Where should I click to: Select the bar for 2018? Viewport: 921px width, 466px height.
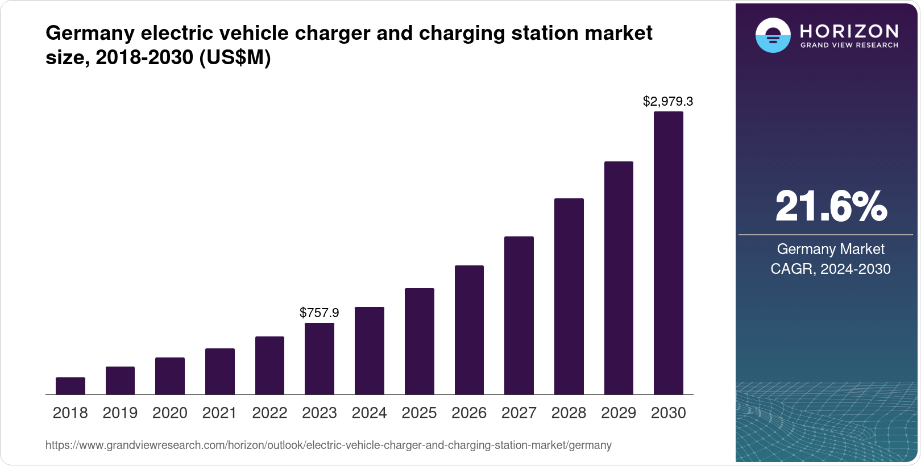point(70,386)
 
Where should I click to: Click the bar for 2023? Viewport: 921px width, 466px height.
point(320,359)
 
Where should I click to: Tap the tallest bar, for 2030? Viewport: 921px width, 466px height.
point(669,253)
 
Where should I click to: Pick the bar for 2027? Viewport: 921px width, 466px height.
point(519,315)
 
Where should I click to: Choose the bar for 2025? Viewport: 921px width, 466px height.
point(420,341)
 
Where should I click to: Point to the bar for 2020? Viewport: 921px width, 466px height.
point(170,376)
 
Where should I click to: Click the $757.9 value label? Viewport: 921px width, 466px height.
point(320,313)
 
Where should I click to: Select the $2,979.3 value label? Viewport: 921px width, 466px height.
point(668,101)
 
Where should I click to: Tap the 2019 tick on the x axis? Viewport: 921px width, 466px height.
point(120,413)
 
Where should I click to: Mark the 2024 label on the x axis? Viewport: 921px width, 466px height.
point(370,413)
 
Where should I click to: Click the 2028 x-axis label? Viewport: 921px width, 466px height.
point(569,413)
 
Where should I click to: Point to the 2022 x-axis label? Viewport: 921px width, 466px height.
point(269,413)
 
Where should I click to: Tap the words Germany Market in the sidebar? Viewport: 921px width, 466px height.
point(831,249)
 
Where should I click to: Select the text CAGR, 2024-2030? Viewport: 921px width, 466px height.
point(831,269)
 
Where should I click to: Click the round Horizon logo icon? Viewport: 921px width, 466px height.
point(773,35)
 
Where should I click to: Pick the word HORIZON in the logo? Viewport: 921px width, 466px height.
point(849,31)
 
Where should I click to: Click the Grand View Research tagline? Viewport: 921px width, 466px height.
point(849,45)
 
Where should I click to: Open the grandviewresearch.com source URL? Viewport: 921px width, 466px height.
point(329,445)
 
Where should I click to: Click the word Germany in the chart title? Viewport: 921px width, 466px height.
point(90,33)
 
